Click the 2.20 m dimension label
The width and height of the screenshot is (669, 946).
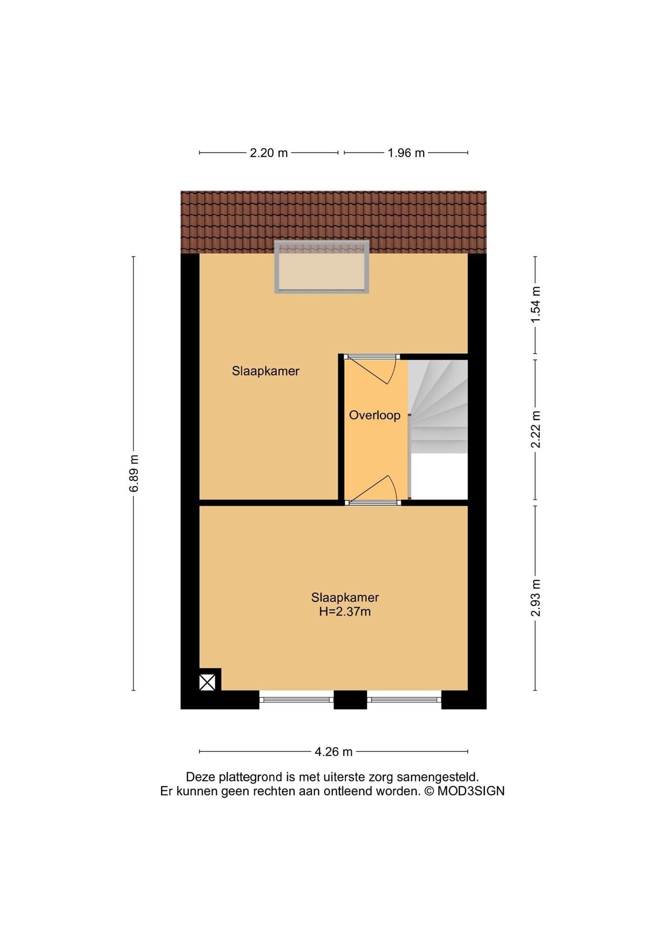[x=269, y=153]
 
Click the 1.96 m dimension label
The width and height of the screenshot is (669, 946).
[x=406, y=153]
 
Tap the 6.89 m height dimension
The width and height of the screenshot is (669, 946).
[x=134, y=473]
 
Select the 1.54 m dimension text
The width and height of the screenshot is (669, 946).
[x=536, y=305]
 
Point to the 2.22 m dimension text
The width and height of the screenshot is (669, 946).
[x=536, y=429]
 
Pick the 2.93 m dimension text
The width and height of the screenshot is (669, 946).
[x=536, y=598]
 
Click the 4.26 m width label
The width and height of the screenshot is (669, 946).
[x=334, y=752]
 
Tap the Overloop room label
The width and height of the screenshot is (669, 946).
[x=374, y=415]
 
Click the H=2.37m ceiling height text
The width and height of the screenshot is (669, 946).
[x=345, y=611]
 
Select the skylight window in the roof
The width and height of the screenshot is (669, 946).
[x=321, y=267]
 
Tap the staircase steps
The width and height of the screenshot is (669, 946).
[x=438, y=407]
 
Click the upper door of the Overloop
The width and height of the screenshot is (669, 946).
[x=372, y=369]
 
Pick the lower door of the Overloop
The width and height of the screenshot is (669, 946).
[x=372, y=490]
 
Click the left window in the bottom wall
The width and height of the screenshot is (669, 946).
[x=296, y=699]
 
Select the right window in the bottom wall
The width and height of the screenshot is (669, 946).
[x=404, y=699]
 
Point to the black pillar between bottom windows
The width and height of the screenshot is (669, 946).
[x=350, y=700]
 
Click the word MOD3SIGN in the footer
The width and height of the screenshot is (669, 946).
[x=470, y=791]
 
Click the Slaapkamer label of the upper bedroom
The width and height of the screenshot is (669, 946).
[x=266, y=371]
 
